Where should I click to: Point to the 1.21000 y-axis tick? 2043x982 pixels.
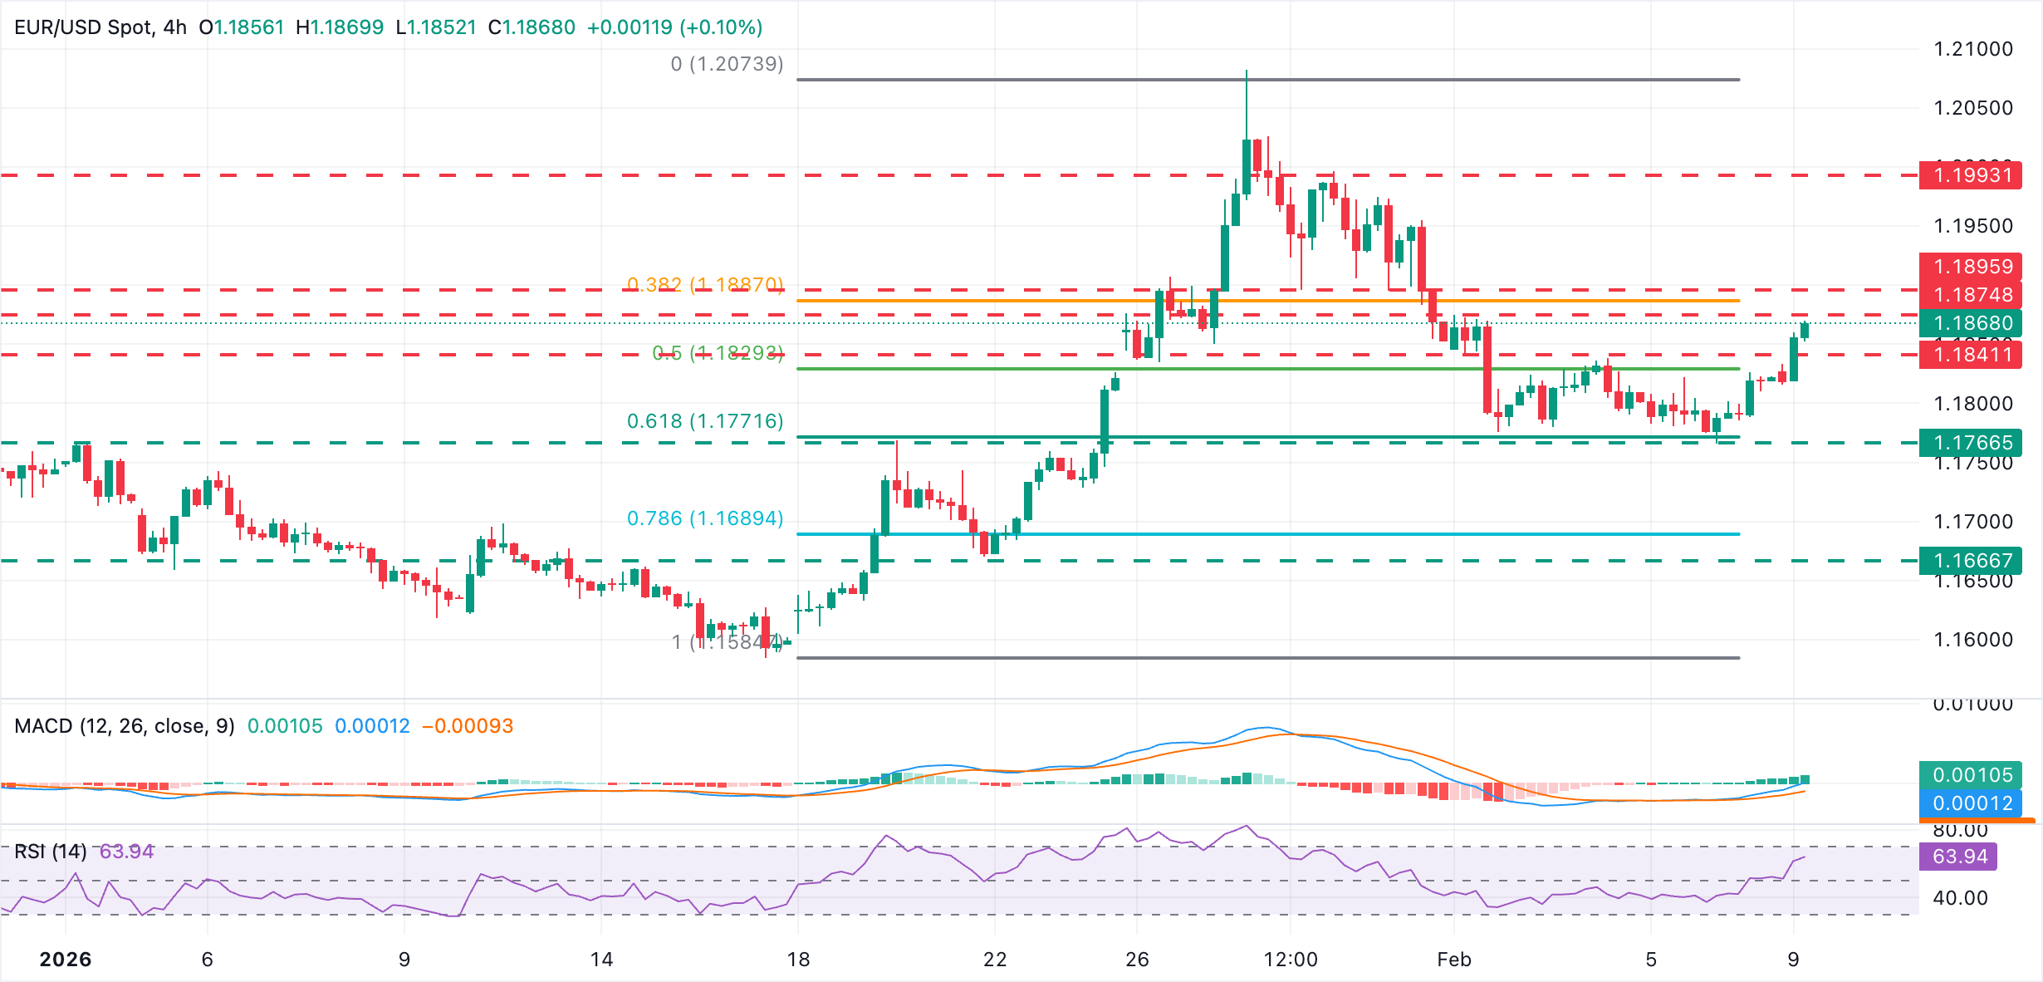click(1973, 49)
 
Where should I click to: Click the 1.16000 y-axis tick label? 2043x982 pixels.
click(1973, 640)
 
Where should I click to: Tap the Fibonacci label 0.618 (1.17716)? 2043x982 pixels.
click(705, 421)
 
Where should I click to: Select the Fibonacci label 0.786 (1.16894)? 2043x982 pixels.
click(705, 518)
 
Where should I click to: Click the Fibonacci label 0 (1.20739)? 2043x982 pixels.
click(727, 64)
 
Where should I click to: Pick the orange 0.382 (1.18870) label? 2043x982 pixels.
click(705, 285)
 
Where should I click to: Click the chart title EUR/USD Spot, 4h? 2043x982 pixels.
click(100, 27)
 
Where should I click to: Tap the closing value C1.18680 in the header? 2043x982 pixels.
click(532, 27)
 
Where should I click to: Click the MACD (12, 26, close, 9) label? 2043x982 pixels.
click(125, 726)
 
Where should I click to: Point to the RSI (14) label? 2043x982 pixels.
click(51, 852)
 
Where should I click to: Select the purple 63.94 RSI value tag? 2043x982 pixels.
click(1958, 857)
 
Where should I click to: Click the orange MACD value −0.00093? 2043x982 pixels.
click(468, 726)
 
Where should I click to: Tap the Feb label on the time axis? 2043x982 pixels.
click(1454, 960)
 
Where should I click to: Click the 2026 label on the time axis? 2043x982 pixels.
click(66, 960)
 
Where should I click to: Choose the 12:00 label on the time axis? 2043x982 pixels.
click(1291, 960)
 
